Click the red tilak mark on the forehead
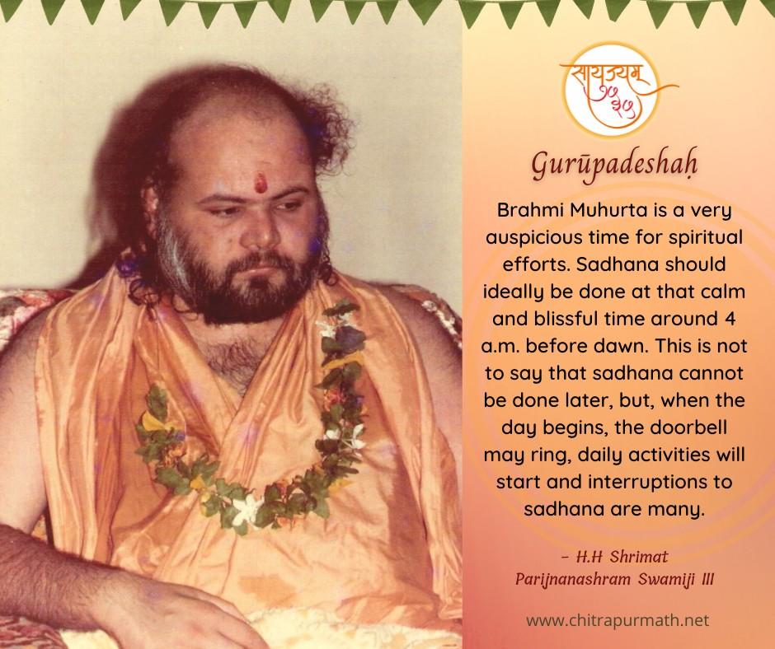pos(261,181)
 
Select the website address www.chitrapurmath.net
pos(618,620)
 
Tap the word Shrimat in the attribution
pos(639,557)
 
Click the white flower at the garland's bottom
pos(248,507)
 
